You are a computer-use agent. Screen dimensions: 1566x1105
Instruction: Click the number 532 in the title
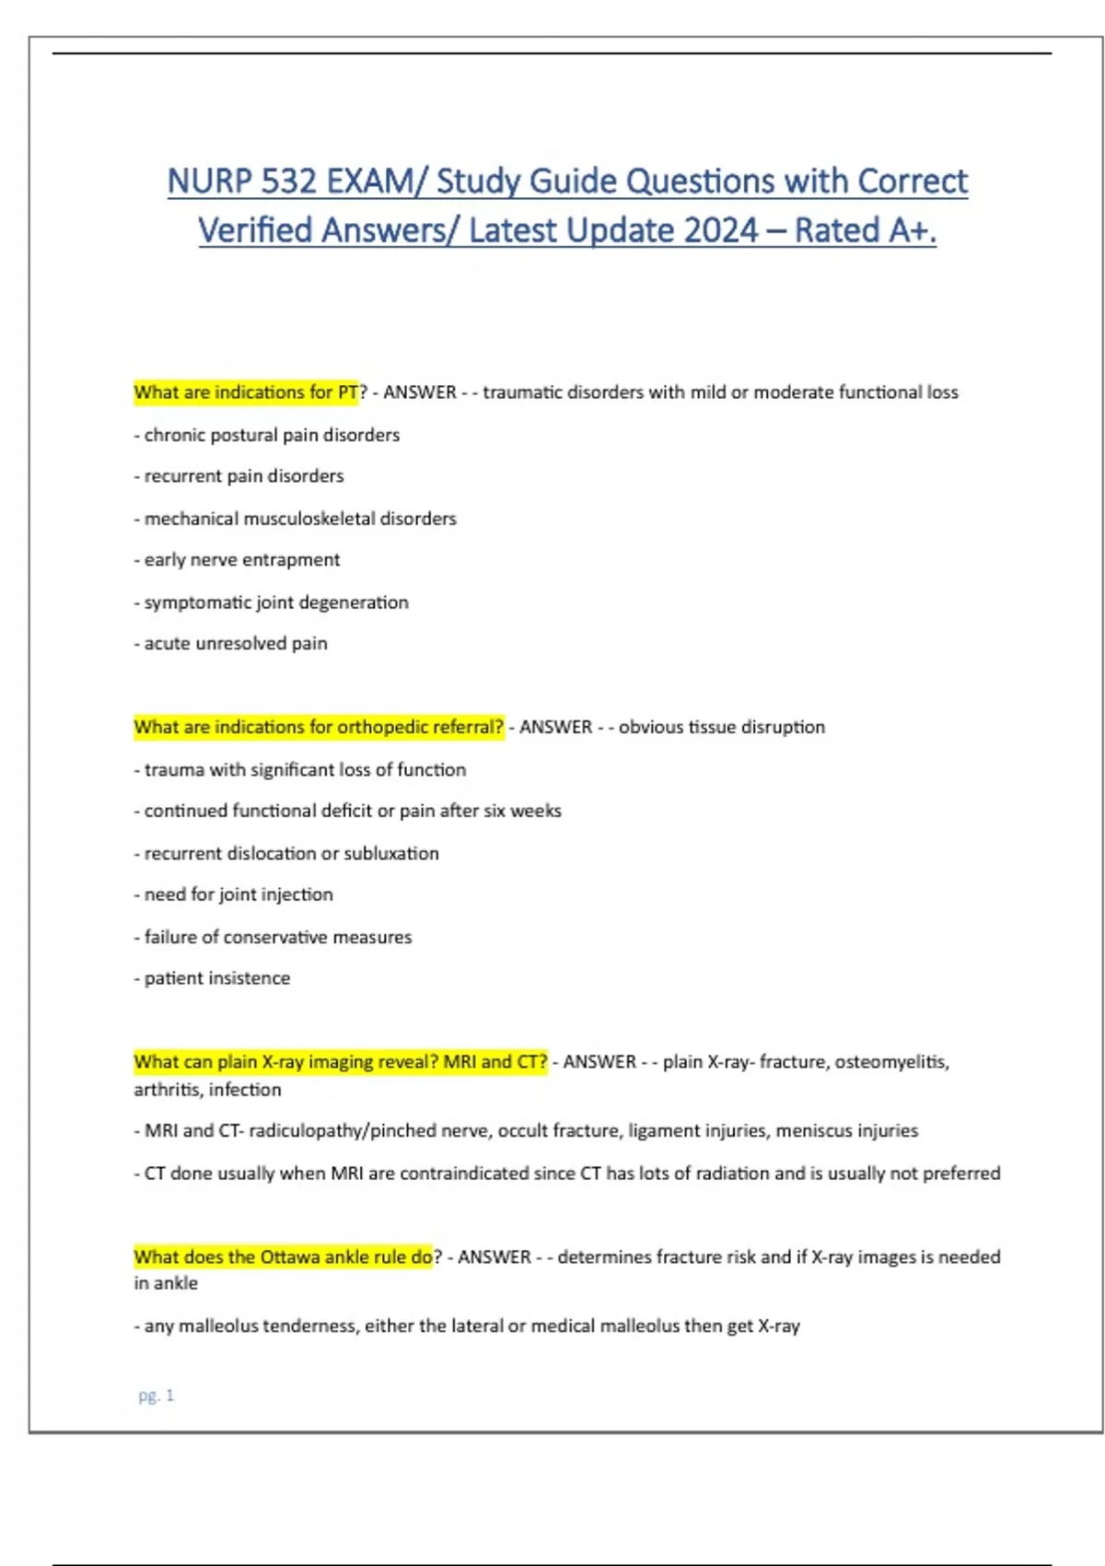287,181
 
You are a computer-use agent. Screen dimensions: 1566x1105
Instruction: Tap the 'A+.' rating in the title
913,230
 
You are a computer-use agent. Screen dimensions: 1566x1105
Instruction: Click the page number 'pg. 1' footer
156,1396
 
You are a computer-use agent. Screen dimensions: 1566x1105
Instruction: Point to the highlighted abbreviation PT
347,392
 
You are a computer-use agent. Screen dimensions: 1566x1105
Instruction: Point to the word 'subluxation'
390,853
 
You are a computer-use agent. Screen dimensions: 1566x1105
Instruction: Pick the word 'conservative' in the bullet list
275,937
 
